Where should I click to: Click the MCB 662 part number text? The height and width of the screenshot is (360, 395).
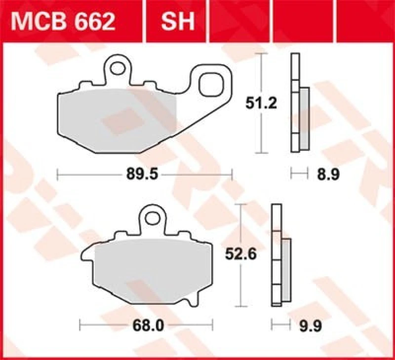point(65,21)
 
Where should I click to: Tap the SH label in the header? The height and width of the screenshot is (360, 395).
point(177,21)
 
